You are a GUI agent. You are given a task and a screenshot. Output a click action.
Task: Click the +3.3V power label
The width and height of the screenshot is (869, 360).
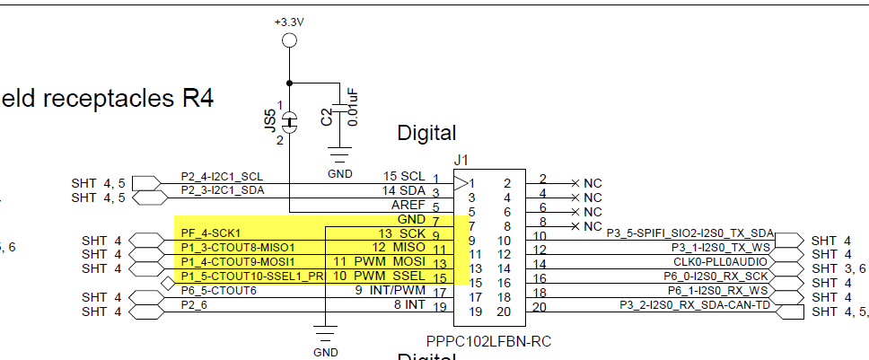tap(289, 21)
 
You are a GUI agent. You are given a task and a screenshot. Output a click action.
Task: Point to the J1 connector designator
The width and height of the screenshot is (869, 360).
tap(461, 160)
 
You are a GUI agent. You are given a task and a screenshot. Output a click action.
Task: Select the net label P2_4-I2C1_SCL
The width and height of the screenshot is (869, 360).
tap(222, 176)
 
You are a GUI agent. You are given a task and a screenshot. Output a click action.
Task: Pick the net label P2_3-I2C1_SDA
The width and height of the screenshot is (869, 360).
tap(223, 189)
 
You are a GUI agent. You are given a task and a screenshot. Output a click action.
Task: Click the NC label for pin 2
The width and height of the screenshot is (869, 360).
tap(592, 182)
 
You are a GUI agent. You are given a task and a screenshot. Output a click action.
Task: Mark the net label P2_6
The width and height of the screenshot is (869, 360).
tap(193, 305)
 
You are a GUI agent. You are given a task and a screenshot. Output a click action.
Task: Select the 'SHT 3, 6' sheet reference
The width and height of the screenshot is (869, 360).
tap(838, 268)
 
